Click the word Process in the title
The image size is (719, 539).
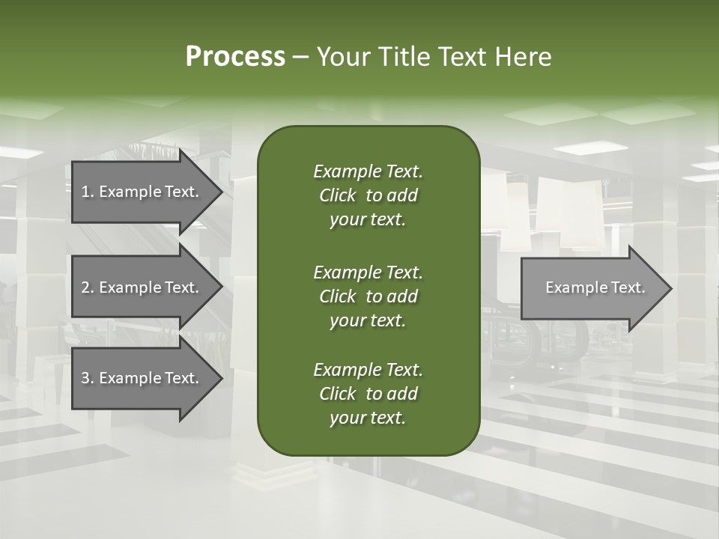coord(235,57)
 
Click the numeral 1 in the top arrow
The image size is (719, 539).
coord(85,192)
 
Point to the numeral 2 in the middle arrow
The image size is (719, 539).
coord(85,287)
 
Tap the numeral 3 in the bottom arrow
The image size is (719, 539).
coord(85,378)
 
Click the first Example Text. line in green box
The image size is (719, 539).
coord(368,171)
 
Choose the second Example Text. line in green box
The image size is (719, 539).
coord(368,272)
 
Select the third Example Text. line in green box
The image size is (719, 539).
coord(368,370)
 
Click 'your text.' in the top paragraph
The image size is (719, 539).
coord(368,220)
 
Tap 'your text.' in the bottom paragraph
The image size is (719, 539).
coord(368,418)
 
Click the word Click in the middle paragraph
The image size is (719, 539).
coord(337,296)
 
